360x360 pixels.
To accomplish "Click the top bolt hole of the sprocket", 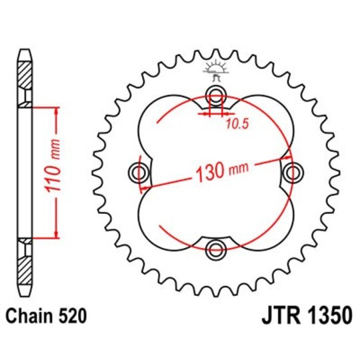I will pyautogui.click(x=216, y=96).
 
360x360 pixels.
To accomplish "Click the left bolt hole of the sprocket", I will pyautogui.click(x=139, y=173).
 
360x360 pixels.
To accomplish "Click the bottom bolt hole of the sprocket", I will pyautogui.click(x=216, y=250).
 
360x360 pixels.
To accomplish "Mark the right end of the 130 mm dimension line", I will pyautogui.click(x=287, y=159).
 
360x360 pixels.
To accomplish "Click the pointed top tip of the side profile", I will pyautogui.click(x=25, y=51).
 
